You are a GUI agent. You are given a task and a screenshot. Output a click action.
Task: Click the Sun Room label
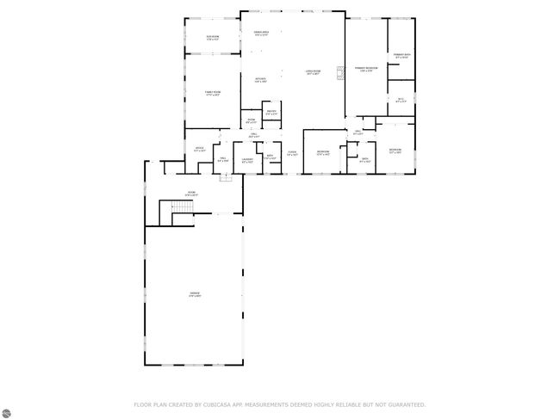[212, 37]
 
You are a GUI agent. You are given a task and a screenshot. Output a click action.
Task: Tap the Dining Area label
[261, 34]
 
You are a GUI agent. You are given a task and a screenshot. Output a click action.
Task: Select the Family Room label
[212, 93]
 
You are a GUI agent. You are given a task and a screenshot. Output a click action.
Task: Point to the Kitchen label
[261, 80]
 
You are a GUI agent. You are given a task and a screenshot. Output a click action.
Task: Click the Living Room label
[313, 71]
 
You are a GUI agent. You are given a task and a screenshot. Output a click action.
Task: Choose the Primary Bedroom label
[365, 68]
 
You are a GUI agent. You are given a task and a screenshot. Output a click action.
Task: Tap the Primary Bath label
[401, 57]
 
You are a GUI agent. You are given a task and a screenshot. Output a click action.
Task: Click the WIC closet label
[401, 100]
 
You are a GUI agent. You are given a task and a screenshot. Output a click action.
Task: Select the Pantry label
[271, 113]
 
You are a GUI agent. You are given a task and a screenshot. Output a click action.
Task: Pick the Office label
[198, 150]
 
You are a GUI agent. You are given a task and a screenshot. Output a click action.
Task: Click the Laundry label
[246, 159]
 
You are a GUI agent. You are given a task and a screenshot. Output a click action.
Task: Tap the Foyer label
[292, 153]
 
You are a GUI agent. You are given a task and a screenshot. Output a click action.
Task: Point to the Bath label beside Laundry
[270, 157]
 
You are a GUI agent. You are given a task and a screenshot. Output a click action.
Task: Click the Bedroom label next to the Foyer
[323, 153]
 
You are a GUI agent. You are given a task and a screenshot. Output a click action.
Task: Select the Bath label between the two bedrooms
[364, 160]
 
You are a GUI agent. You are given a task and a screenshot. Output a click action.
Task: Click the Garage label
[195, 294]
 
